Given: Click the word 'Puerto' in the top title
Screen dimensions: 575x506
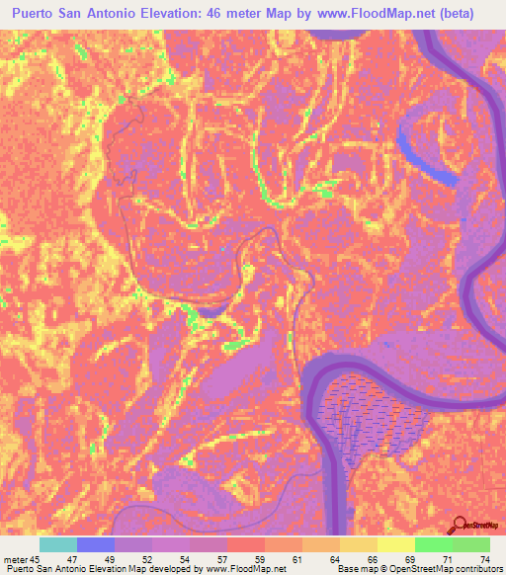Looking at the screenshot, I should (40, 14).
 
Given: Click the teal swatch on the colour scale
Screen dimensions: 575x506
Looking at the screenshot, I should (58, 544).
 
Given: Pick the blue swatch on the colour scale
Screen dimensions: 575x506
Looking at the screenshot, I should (96, 544).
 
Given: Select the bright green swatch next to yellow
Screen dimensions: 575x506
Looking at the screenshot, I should (433, 544).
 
